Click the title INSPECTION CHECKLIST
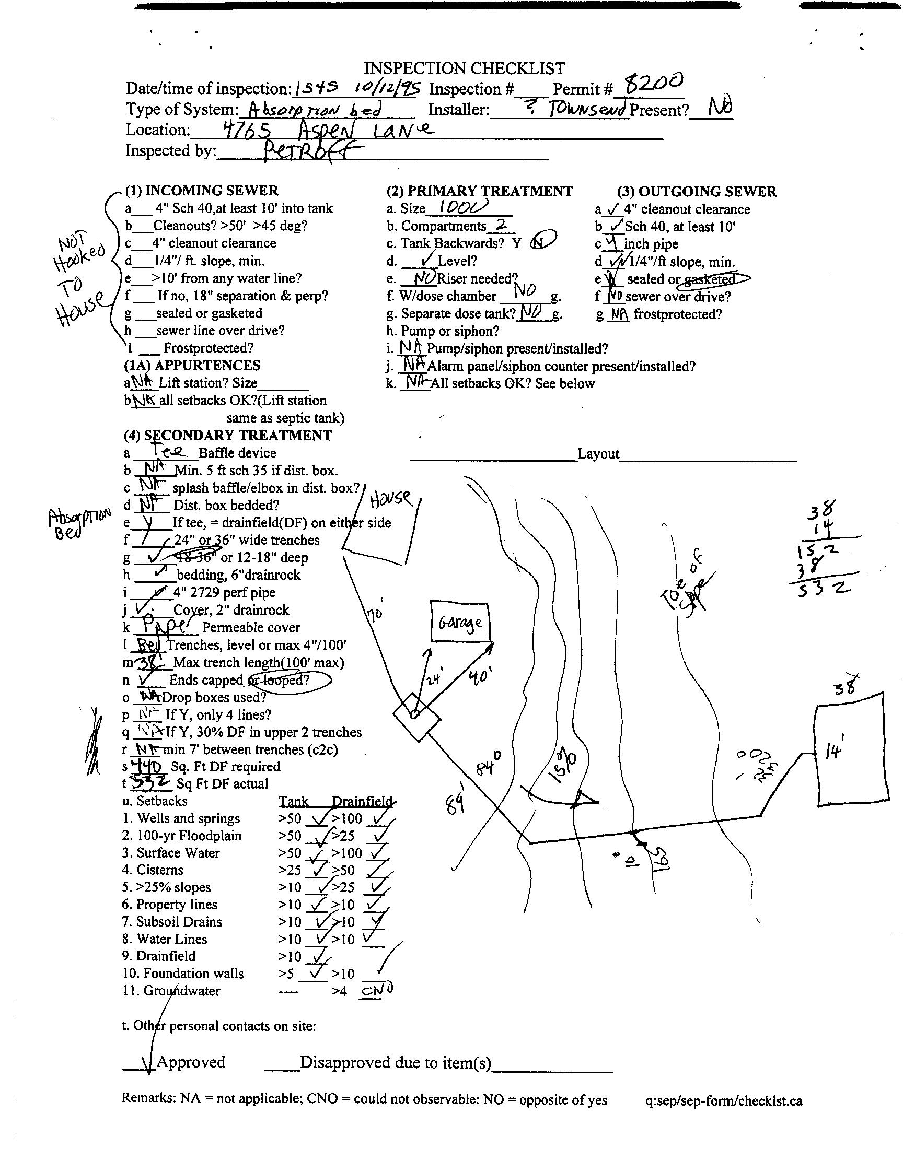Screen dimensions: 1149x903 pos(464,68)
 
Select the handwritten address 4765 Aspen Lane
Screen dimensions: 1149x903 pos(327,130)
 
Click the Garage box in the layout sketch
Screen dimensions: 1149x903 pos(460,623)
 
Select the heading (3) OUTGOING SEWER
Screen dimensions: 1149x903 pos(696,191)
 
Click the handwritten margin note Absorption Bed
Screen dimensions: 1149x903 pos(79,523)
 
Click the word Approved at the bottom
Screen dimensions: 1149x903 pos(191,1062)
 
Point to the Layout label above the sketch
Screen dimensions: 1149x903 pos(598,454)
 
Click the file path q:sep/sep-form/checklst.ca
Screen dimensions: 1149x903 pos(723,1101)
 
